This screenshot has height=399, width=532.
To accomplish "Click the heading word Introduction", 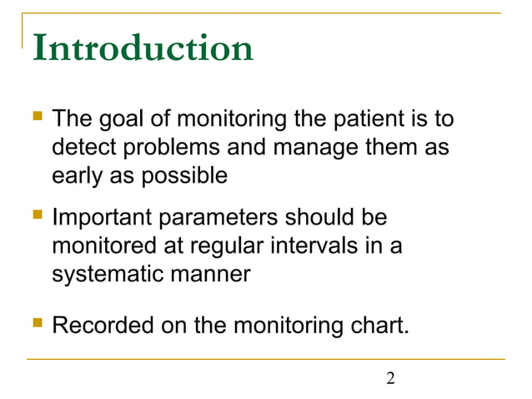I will tap(143, 48).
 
